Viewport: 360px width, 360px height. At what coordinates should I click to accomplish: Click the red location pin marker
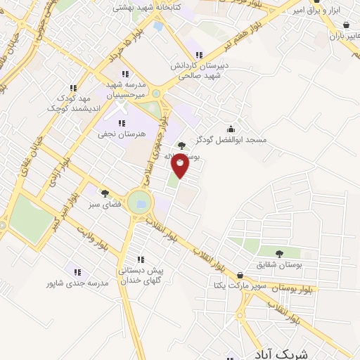click(x=181, y=165)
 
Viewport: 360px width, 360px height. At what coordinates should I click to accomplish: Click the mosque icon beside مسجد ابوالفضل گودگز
click(x=231, y=128)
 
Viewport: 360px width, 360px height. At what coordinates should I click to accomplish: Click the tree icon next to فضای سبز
click(x=105, y=193)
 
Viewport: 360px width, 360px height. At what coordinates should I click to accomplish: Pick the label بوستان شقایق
click(x=280, y=264)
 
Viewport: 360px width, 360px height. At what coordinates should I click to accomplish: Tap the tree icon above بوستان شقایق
click(x=280, y=253)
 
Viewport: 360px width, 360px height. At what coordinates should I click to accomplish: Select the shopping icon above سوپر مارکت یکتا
click(x=241, y=275)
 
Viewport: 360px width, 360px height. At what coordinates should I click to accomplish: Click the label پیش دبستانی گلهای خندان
click(x=140, y=275)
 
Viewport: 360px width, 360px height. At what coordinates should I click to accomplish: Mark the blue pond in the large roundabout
click(x=141, y=203)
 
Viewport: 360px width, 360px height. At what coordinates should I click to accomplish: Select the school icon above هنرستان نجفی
click(x=122, y=123)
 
